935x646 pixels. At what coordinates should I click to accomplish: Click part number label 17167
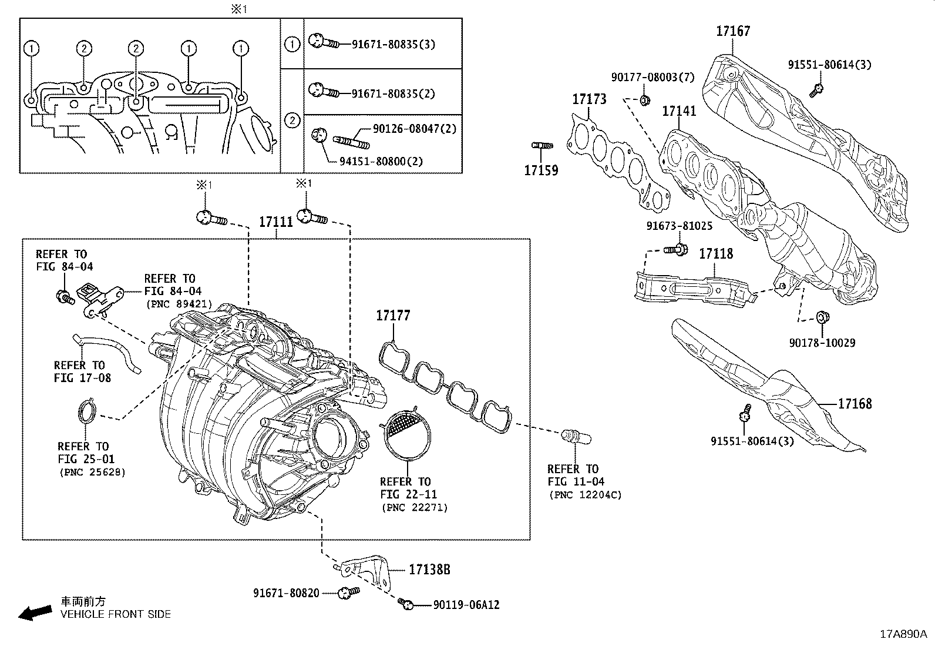732,31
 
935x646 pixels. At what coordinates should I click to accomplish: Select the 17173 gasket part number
589,99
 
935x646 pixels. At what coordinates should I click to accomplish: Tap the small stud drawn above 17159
542,145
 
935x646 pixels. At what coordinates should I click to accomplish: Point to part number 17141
679,111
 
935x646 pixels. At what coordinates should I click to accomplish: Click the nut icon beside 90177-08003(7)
644,101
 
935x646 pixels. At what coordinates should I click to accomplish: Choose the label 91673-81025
679,226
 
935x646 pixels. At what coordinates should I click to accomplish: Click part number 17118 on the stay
715,254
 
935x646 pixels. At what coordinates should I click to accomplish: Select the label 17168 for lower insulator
855,404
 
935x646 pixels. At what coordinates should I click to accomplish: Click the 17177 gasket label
393,316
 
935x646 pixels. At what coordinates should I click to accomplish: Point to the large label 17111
276,222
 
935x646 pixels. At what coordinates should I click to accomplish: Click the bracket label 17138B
429,570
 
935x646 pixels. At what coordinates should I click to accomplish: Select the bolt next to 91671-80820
348,593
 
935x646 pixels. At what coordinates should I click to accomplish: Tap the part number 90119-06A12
466,605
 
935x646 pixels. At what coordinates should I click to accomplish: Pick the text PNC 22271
414,507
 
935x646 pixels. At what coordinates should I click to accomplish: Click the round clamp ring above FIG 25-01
87,411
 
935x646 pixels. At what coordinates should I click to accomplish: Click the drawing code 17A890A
902,634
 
